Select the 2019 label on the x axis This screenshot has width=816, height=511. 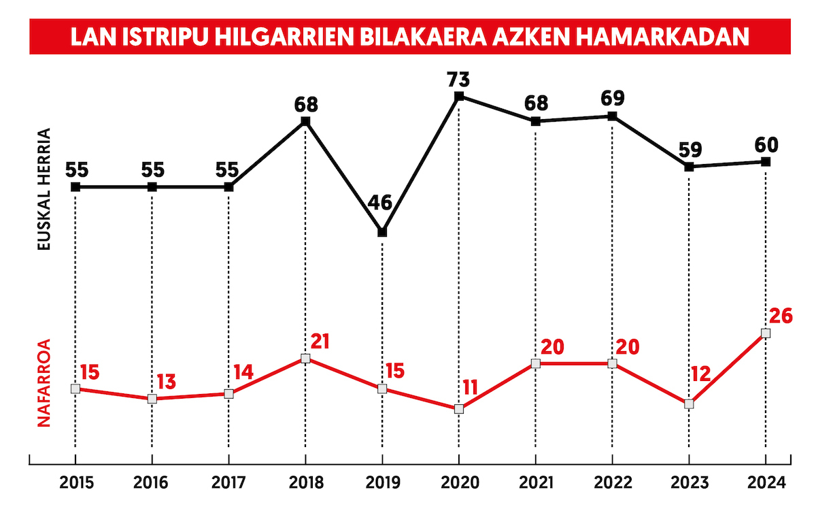coord(382,483)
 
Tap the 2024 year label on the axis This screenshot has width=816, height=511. coord(766,483)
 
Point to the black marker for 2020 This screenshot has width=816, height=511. coord(459,96)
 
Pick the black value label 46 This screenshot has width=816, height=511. coord(382,203)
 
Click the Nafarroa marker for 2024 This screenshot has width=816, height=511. coord(766,333)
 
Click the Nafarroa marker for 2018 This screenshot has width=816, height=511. coord(305,359)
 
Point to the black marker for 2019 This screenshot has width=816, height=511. coord(382,232)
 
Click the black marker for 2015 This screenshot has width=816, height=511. coord(75,186)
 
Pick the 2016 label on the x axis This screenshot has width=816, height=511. coord(152,483)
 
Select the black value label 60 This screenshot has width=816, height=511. coord(766,144)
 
